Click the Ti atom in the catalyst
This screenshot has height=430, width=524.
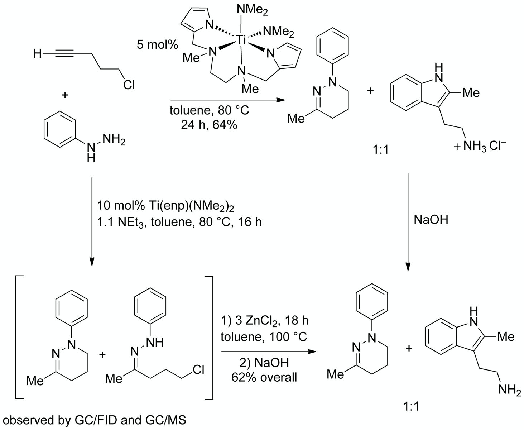[240, 40]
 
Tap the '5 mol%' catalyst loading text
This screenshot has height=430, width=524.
[157, 45]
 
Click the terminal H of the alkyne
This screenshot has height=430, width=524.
[38, 53]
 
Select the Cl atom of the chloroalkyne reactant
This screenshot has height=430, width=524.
[129, 85]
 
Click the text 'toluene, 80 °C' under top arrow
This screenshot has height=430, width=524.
[209, 110]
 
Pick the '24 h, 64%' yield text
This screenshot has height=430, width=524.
[209, 125]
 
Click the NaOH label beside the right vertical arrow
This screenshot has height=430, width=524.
[431, 220]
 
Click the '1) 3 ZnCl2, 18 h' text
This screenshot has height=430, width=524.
[265, 321]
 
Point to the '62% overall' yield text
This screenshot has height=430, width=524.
[264, 377]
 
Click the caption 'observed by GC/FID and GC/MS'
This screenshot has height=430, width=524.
[95, 420]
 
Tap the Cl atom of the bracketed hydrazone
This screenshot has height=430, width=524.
[198, 369]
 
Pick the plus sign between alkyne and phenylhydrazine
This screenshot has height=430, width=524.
[65, 95]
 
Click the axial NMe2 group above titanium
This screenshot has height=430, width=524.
[252, 10]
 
